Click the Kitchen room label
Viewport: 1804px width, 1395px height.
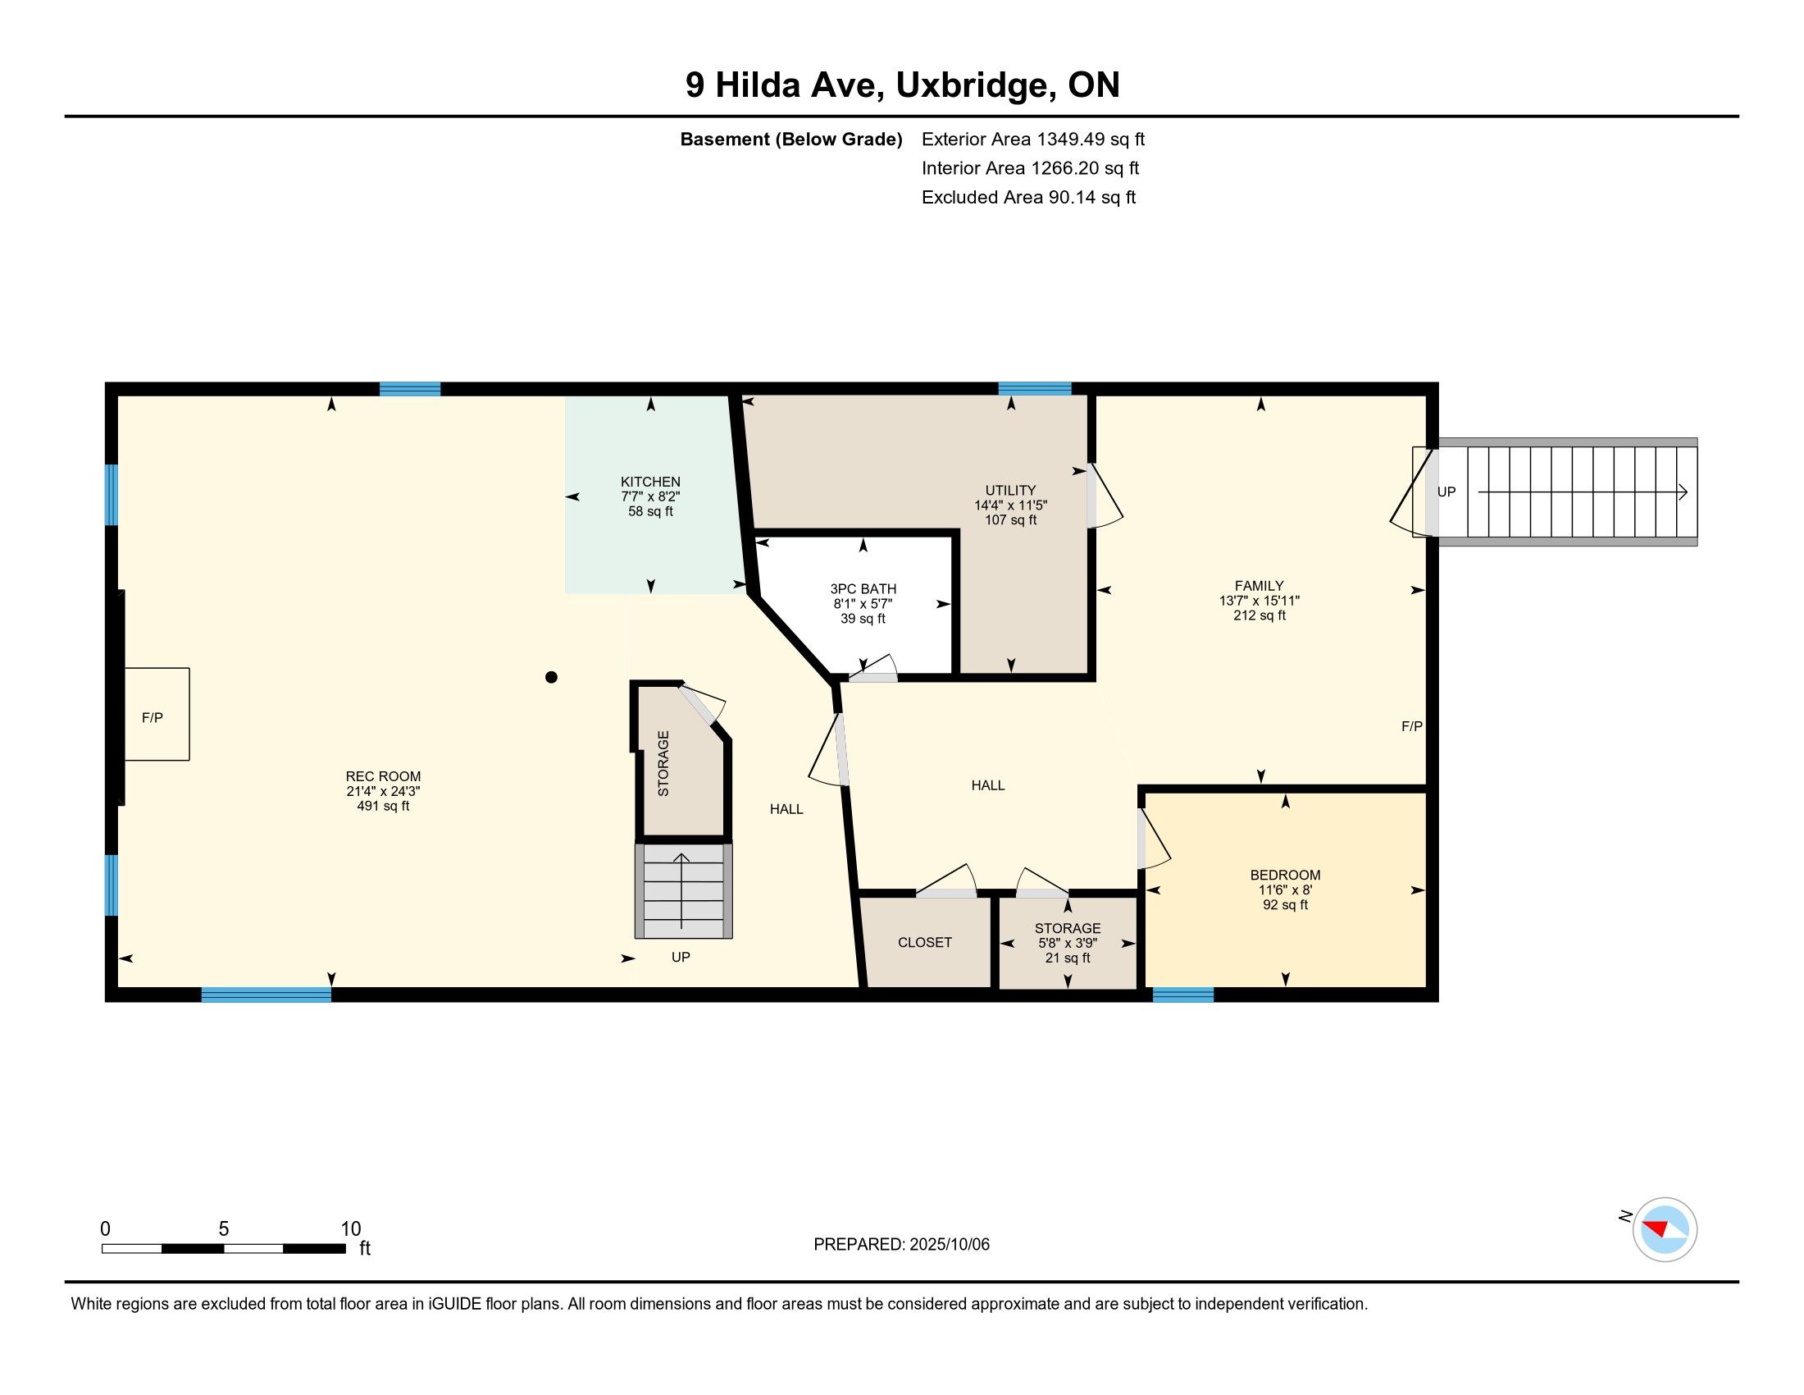pos(651,482)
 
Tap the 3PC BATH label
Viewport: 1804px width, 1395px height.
pos(863,589)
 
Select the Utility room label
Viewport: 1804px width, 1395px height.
pos(1010,490)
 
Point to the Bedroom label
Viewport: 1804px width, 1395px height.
pos(1285,876)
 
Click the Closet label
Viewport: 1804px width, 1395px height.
pos(925,942)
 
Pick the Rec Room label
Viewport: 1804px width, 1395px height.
pos(383,776)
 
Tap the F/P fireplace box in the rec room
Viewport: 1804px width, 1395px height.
pos(157,714)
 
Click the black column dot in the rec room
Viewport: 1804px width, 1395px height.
pos(552,678)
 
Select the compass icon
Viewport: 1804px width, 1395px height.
pos(1665,1230)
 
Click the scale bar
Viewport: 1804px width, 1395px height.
pos(223,1249)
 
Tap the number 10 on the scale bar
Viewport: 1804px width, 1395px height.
pos(351,1229)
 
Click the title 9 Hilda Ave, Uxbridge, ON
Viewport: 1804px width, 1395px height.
pos(902,85)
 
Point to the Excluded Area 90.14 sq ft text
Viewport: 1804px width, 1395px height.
pos(1028,198)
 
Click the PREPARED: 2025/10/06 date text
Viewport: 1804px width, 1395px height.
pos(901,1245)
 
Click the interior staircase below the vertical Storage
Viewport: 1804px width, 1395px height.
pos(684,891)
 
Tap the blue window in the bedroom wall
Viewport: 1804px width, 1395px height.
pos(1182,995)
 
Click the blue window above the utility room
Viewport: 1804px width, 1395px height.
pos(1035,388)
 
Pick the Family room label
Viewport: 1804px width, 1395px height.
pos(1260,586)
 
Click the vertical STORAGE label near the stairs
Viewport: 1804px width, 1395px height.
pos(663,764)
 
